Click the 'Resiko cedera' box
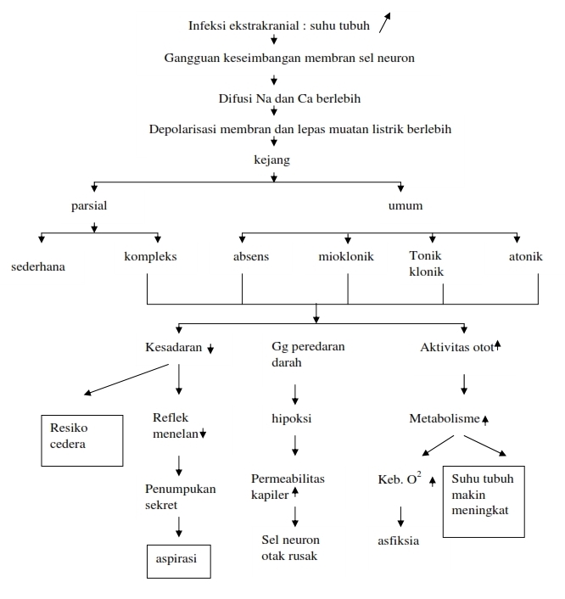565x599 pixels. click(x=84, y=439)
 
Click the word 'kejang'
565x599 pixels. click(x=273, y=159)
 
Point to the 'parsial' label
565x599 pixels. click(x=89, y=205)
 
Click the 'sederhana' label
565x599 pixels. click(x=38, y=266)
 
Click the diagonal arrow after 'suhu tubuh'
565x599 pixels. click(x=387, y=22)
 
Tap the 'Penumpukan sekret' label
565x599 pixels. click(x=179, y=496)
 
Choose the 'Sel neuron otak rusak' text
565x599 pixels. click(x=291, y=547)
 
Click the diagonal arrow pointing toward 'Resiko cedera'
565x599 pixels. click(x=126, y=379)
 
